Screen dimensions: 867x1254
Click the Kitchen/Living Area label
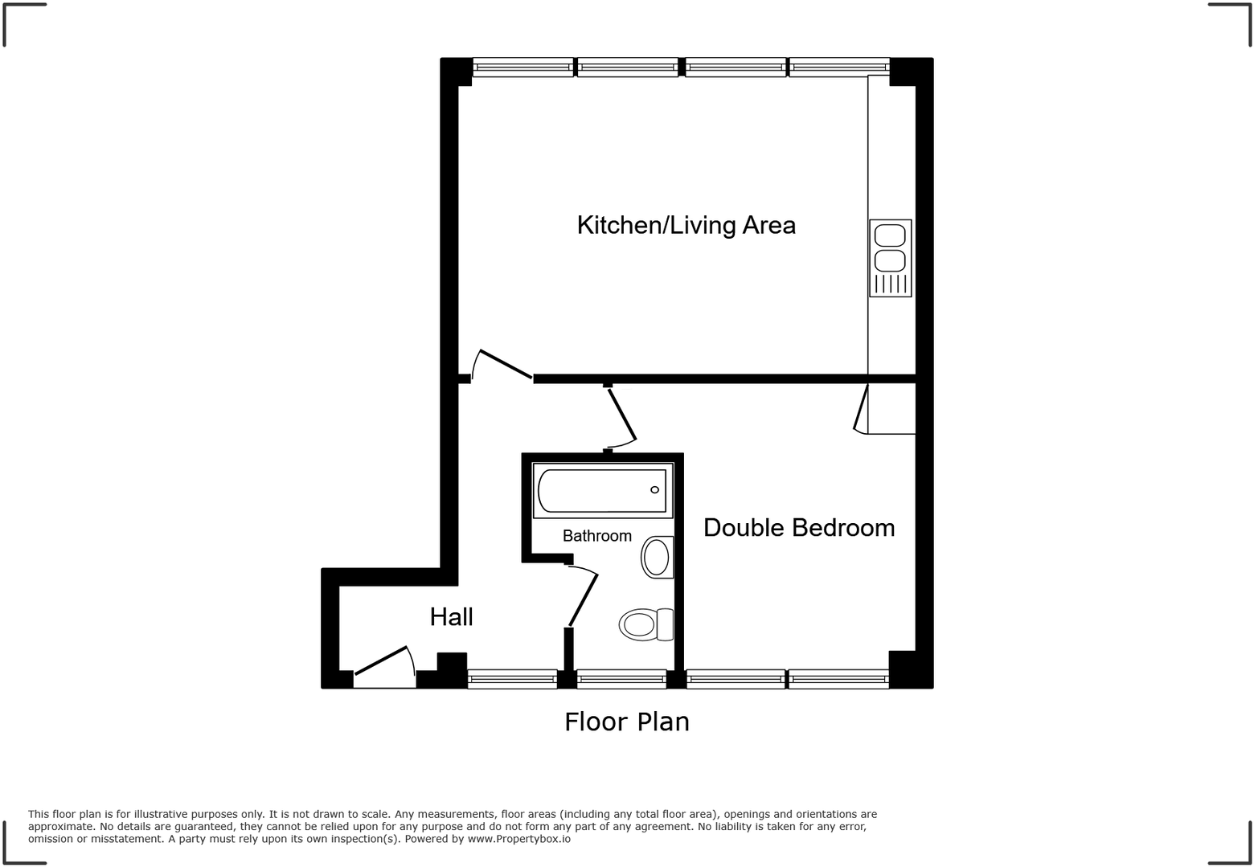pos(686,225)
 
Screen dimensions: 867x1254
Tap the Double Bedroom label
pos(798,528)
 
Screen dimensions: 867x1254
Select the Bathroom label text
pos(596,536)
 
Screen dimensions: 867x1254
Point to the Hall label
pos(451,617)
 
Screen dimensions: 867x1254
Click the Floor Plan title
pos(626,722)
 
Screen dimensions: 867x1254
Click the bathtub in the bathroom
pos(602,490)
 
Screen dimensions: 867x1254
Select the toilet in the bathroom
pos(645,624)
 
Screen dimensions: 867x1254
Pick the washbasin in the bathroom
pos(657,557)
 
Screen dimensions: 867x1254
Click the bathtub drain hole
pos(654,490)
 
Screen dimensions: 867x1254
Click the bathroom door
pos(583,599)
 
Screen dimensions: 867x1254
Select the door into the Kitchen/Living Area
pos(505,363)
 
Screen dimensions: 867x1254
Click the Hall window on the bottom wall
pos(512,680)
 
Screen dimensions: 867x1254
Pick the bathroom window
pos(621,680)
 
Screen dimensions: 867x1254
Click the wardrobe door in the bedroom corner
pos(862,409)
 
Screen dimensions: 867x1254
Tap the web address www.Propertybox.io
pos(519,839)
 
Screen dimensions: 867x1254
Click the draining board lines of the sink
pos(890,284)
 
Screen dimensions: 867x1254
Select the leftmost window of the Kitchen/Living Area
pos(522,67)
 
